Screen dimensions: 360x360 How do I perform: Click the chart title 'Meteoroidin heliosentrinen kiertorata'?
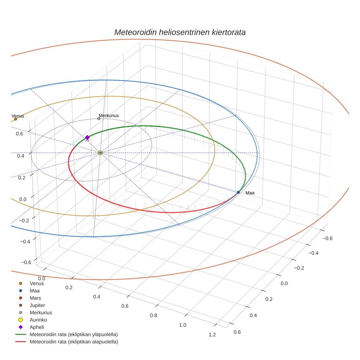tap(180, 32)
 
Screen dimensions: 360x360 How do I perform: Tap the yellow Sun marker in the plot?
tap(100, 153)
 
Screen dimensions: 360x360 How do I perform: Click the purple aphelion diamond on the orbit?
tap(87, 137)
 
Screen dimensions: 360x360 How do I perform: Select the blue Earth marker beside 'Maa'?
tap(238, 192)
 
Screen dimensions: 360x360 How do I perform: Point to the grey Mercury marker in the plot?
tap(99, 119)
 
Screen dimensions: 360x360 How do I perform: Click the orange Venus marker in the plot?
tap(15, 119)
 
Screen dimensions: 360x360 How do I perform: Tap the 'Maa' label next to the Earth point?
tap(250, 193)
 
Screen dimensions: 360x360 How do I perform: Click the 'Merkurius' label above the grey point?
tap(109, 116)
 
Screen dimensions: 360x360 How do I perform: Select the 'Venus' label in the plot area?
tap(18, 116)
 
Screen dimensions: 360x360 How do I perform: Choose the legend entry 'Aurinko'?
tap(38, 320)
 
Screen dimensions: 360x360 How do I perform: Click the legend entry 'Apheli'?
tap(37, 327)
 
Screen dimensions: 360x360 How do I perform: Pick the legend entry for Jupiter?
tap(37, 305)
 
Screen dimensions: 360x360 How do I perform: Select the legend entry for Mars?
tap(35, 298)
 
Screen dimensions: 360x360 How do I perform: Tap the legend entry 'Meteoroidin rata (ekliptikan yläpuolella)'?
tap(74, 334)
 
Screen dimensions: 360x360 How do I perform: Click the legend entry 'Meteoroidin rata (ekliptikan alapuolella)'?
tap(74, 342)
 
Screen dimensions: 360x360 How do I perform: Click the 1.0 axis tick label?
tap(182, 325)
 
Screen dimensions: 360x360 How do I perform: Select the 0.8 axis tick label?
tap(153, 315)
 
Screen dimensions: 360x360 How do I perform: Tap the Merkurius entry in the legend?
tap(41, 312)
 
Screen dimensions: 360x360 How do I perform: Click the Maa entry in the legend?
tap(34, 290)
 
